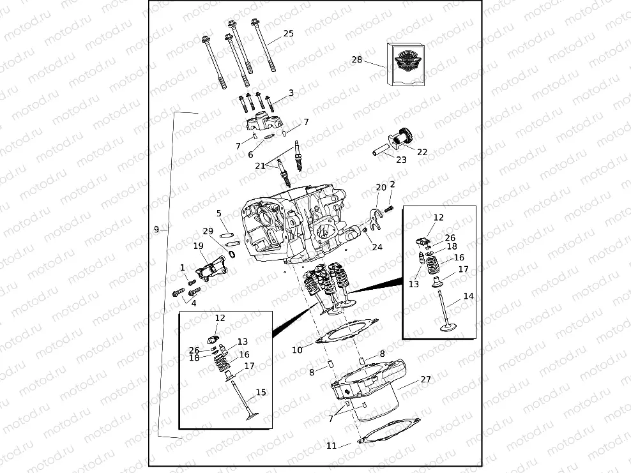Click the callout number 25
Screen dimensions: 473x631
(x=288, y=33)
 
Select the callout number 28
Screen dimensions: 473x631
(x=356, y=60)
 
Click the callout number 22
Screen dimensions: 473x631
(x=422, y=152)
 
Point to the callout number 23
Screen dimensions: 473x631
(x=400, y=160)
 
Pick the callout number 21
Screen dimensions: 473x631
(x=260, y=166)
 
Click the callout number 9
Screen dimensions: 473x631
(x=156, y=229)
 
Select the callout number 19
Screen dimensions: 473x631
(x=198, y=246)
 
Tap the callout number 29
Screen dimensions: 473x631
(x=208, y=231)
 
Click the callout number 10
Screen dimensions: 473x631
(x=297, y=350)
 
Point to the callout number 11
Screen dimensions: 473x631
(x=331, y=446)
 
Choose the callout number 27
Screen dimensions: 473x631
(x=425, y=379)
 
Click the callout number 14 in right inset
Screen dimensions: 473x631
(x=469, y=296)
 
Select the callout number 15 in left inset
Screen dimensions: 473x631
(x=261, y=393)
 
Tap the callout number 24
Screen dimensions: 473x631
(x=377, y=247)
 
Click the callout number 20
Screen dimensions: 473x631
(x=381, y=187)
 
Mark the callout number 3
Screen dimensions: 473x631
(x=291, y=93)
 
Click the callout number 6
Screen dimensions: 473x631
(x=250, y=154)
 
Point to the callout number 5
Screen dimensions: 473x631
(x=218, y=213)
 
